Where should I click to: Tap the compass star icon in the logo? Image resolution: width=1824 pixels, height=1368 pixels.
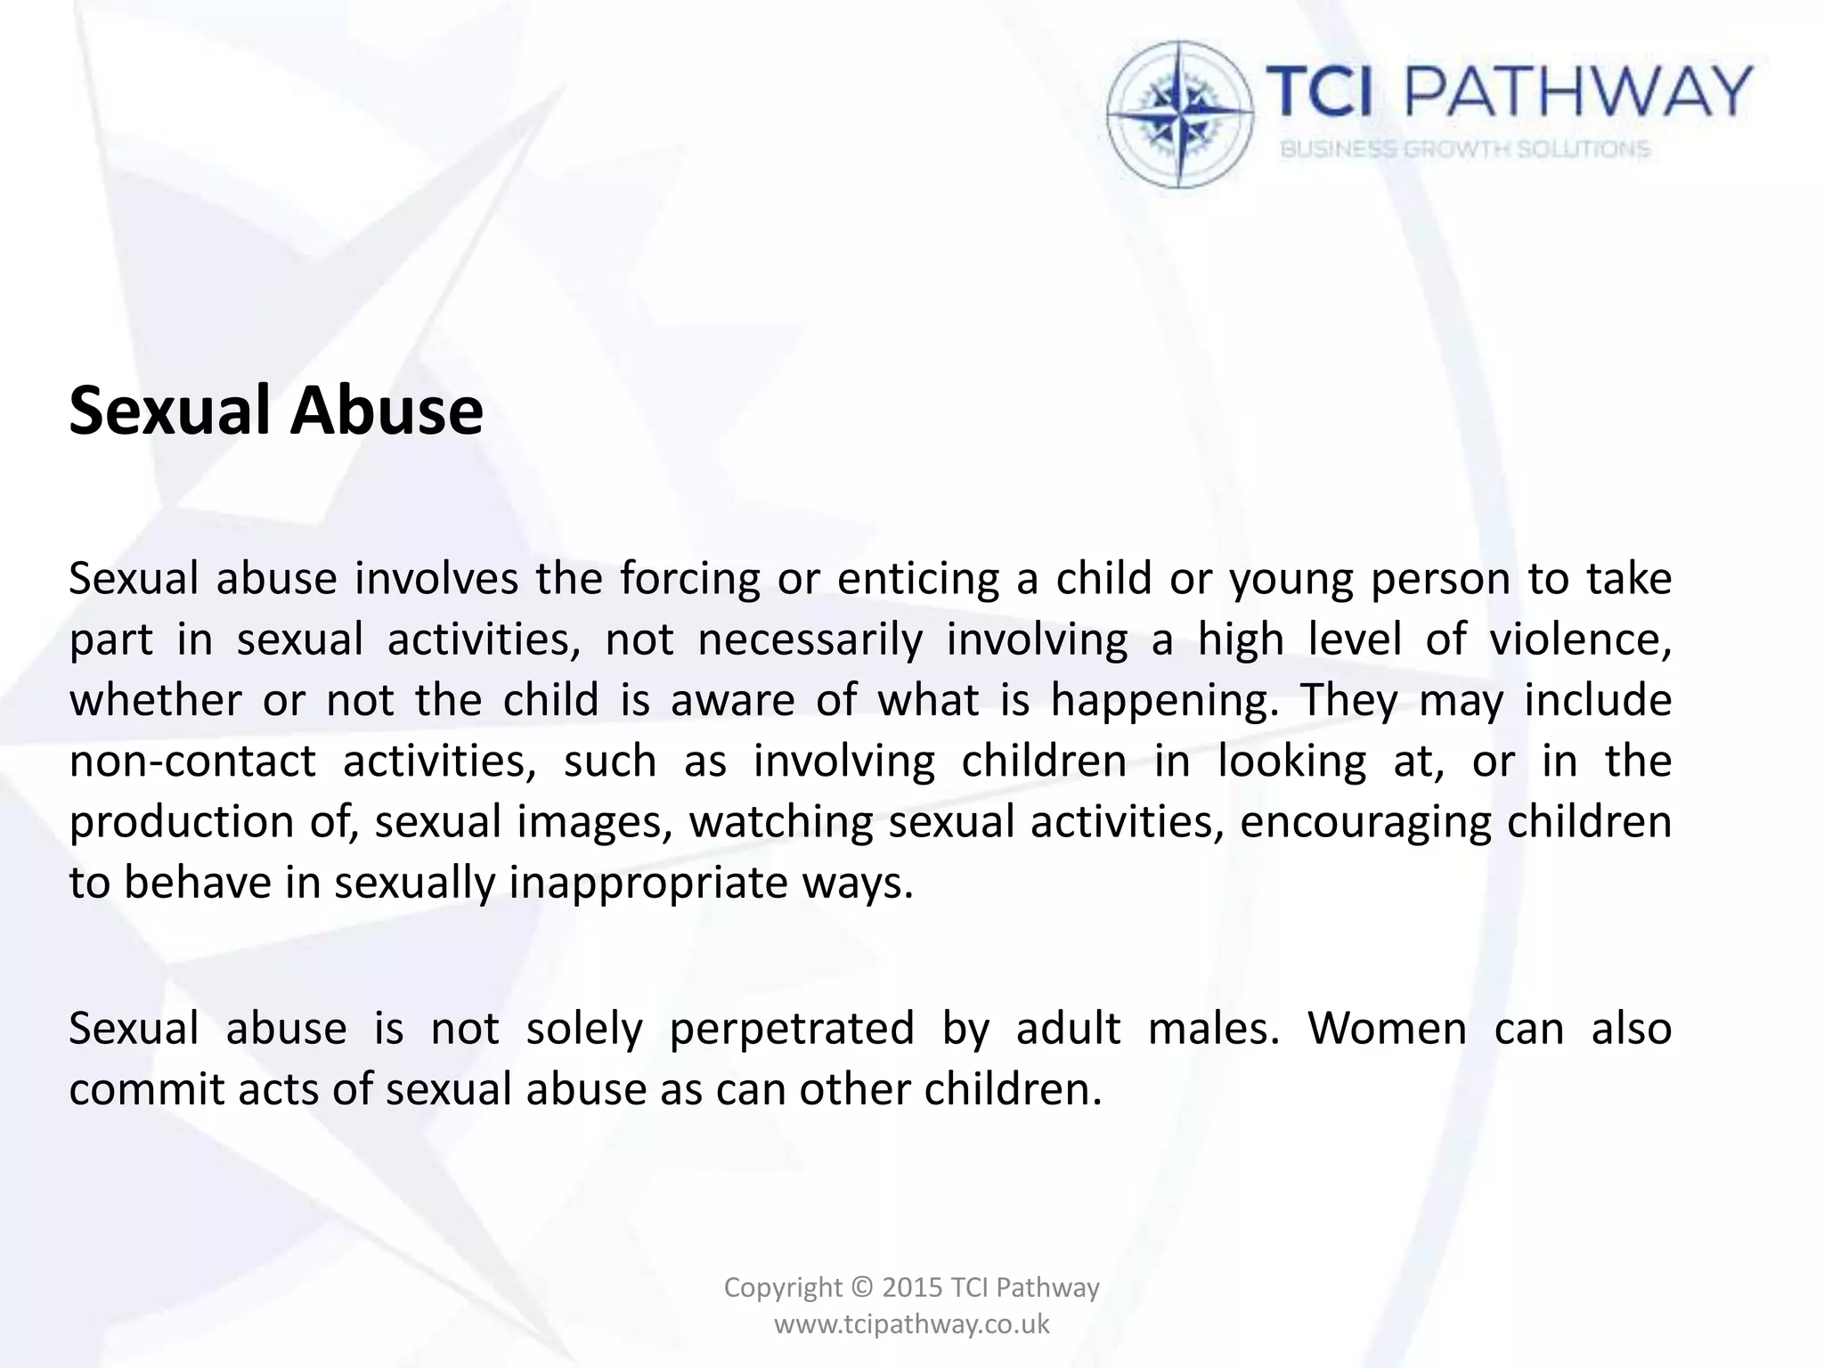[x=1179, y=114]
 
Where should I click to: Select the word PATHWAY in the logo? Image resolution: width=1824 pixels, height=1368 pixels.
[x=1578, y=92]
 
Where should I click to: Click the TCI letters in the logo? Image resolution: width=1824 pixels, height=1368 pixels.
[x=1320, y=92]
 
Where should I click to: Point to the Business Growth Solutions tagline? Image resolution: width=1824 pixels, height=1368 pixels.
[x=1465, y=149]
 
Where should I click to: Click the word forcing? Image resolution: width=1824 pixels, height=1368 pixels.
[x=690, y=580]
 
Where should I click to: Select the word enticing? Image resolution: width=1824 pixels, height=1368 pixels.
[x=918, y=580]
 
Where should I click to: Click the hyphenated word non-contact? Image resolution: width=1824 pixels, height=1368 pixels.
[x=192, y=761]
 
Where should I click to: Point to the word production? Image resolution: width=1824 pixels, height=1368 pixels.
[x=181, y=822]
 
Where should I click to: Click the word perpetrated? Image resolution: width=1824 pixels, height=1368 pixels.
[x=792, y=1029]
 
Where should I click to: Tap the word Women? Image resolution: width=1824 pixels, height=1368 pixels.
[x=1387, y=1029]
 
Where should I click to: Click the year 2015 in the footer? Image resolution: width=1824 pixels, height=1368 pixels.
[x=912, y=1287]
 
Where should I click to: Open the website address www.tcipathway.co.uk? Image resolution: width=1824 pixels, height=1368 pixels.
[x=912, y=1324]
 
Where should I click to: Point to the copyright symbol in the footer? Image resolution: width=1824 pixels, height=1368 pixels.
[x=862, y=1288]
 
